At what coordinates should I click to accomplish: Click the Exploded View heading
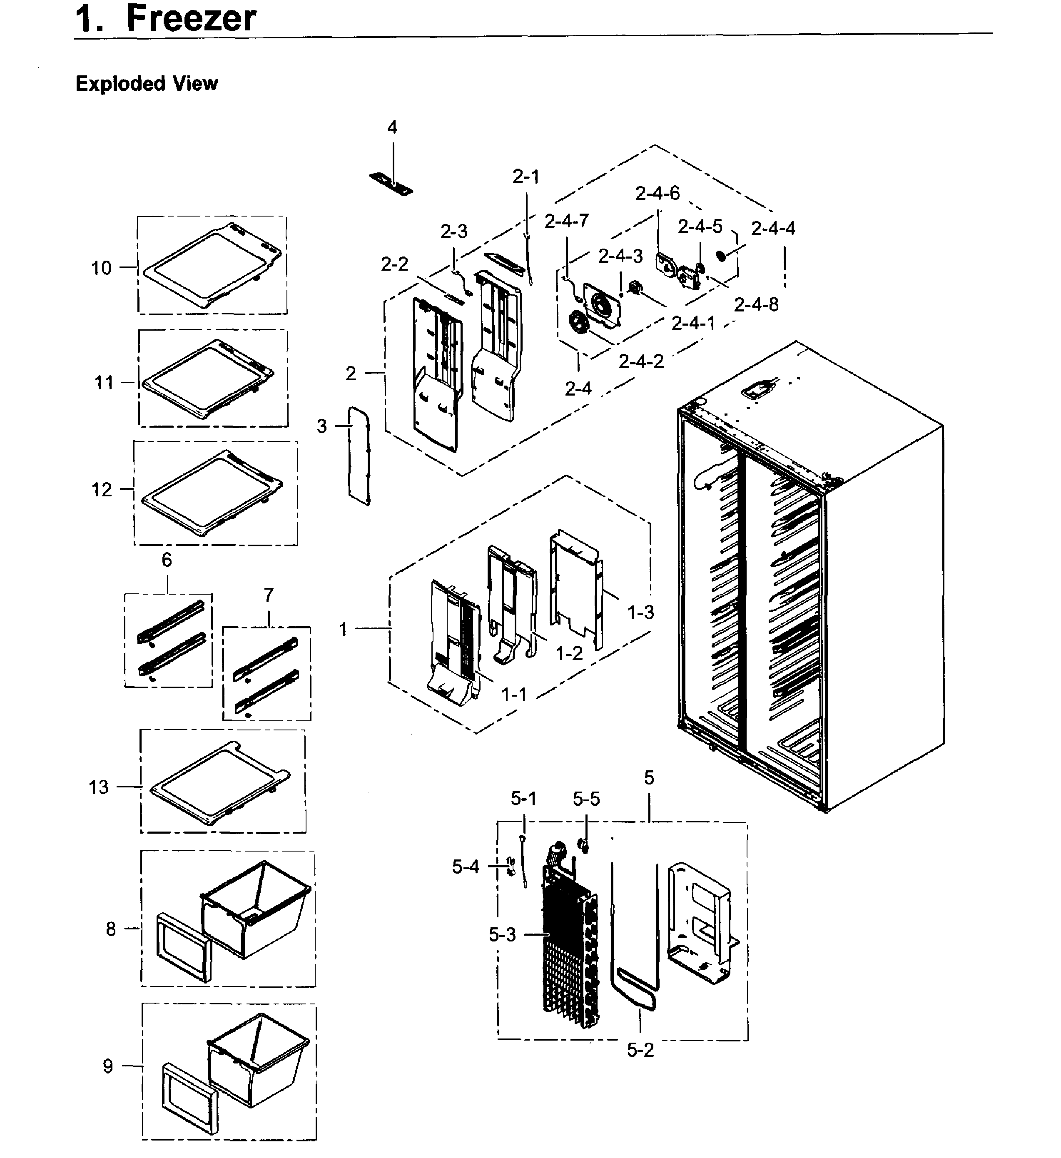147,84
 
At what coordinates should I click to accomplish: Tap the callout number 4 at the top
392,127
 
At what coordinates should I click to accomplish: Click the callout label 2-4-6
657,194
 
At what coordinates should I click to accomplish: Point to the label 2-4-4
773,229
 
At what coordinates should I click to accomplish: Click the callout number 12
102,490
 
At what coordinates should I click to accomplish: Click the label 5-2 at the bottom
640,1050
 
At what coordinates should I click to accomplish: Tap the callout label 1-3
640,613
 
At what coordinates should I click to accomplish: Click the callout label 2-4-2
641,361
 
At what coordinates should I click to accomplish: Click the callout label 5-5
586,798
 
